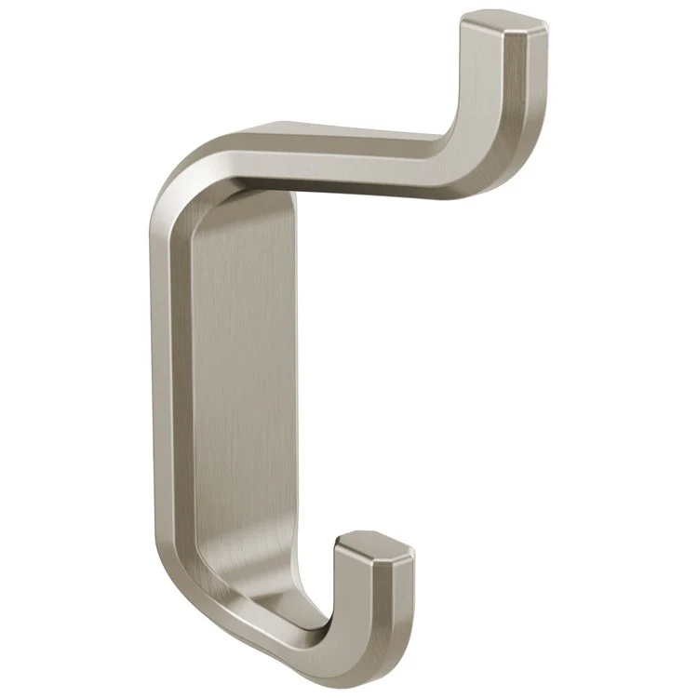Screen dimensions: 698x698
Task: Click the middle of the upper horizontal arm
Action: (x=335, y=154)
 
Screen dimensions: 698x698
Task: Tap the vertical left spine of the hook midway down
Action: (x=168, y=391)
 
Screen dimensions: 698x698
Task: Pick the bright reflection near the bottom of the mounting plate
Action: (x=270, y=596)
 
